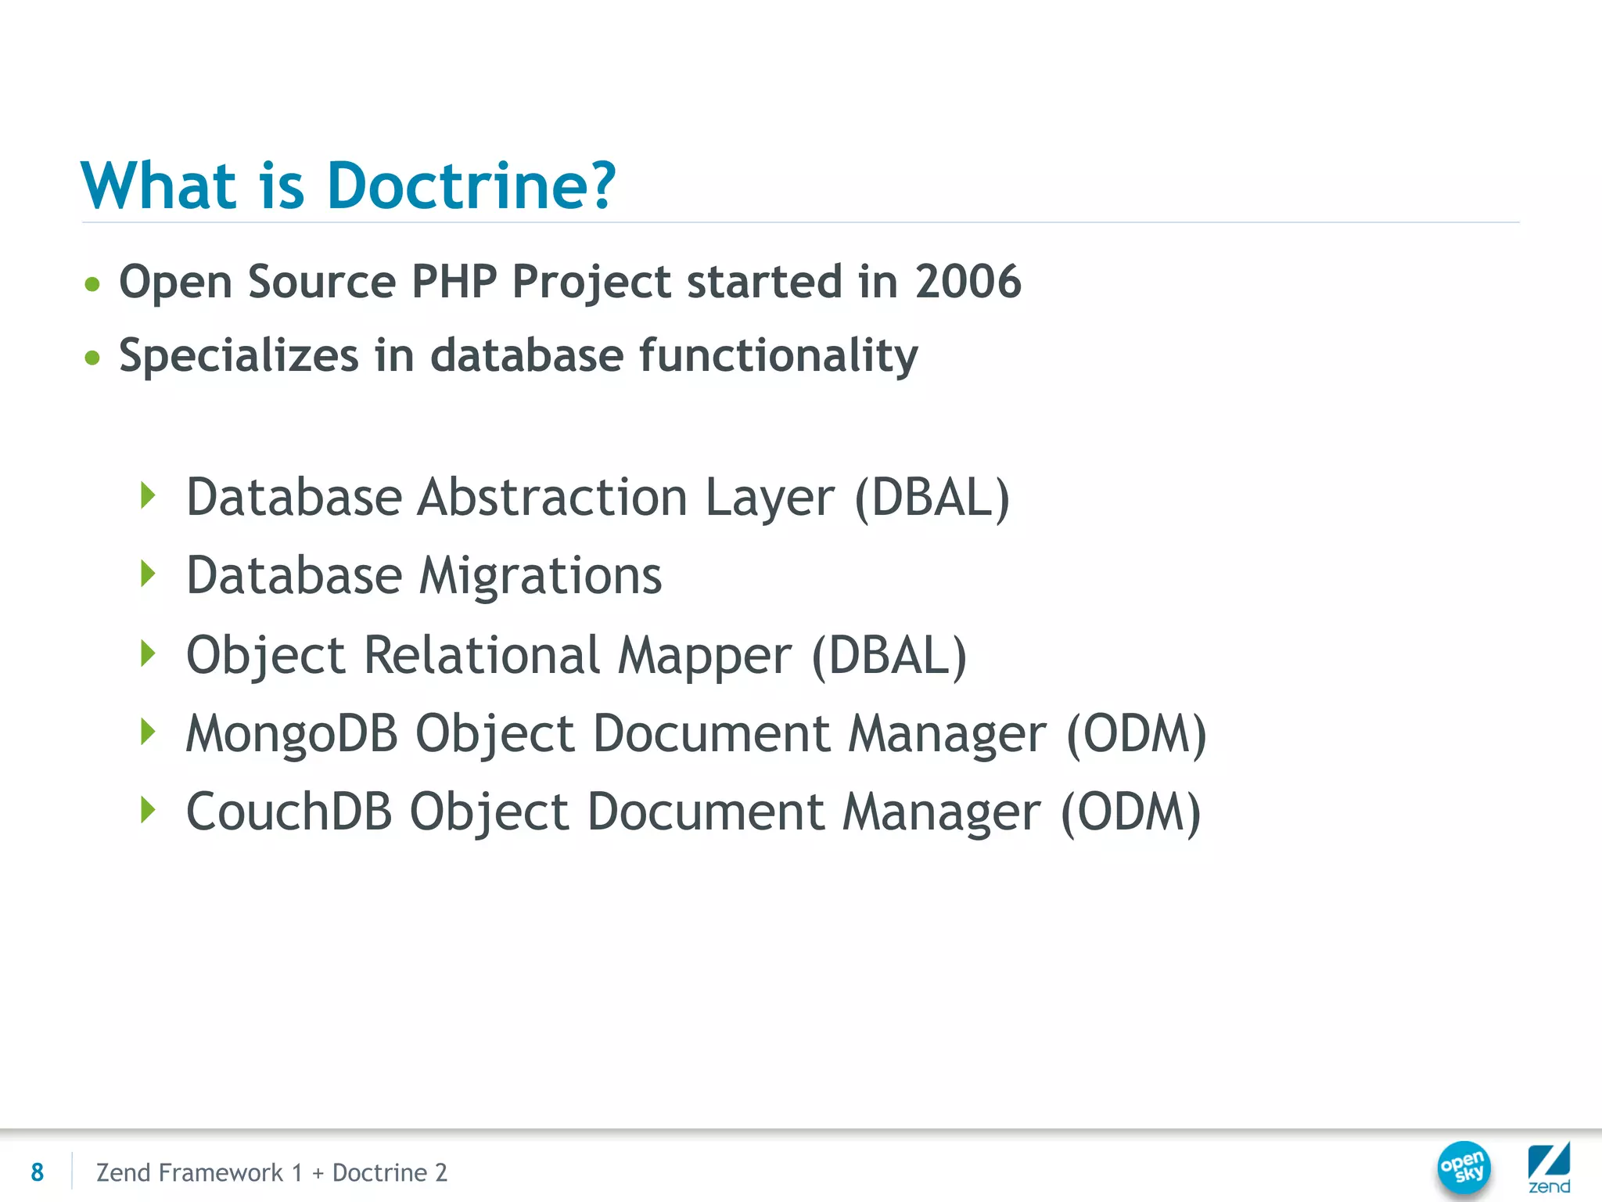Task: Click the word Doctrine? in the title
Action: point(472,186)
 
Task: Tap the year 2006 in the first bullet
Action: point(968,282)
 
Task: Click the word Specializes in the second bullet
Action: point(239,356)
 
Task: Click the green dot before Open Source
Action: point(92,284)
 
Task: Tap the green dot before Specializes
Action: point(92,358)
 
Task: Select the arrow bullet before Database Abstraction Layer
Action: point(147,496)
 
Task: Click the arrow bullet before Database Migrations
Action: point(147,574)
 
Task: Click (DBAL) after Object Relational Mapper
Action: point(889,655)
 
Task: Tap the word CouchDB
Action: point(289,812)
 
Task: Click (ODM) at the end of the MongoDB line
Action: point(1137,734)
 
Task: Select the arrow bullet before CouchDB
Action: point(147,810)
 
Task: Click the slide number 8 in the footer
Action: point(37,1172)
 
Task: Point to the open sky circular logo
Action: point(1464,1168)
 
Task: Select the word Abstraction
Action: point(552,498)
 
